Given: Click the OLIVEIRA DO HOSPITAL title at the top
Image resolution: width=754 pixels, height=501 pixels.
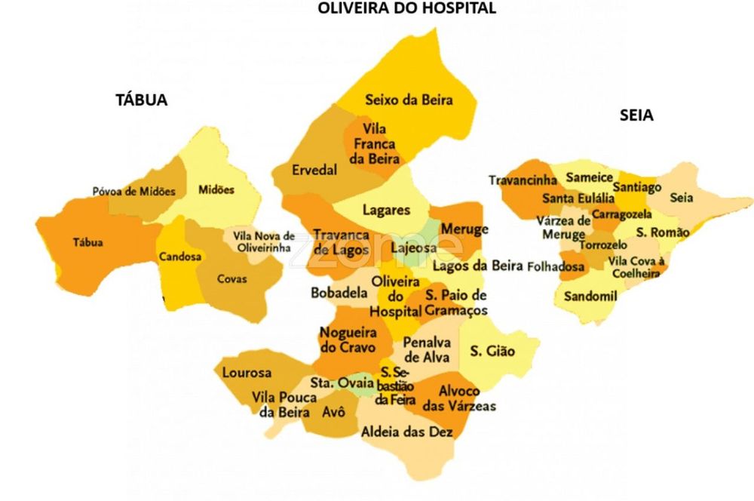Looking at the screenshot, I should [407, 8].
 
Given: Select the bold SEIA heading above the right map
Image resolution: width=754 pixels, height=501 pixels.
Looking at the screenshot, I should [636, 115].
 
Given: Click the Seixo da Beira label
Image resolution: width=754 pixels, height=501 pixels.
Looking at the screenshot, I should [409, 100].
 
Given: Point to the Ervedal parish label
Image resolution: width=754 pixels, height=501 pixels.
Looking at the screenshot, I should [314, 171].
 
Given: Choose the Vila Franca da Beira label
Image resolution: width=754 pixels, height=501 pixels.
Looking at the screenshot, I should [375, 143].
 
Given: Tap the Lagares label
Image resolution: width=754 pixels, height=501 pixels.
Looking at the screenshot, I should [386, 210].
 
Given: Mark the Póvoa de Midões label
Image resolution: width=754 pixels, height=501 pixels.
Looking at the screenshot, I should [133, 192].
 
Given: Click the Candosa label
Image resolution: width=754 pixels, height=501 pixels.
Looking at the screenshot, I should [179, 257].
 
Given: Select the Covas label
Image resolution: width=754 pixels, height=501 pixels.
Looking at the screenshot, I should [231, 279].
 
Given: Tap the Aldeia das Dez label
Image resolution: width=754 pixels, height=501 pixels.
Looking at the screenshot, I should [407, 432].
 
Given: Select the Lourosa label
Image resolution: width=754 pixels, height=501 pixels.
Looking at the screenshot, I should [246, 373].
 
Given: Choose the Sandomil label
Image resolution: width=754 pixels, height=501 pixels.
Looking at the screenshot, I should [590, 297].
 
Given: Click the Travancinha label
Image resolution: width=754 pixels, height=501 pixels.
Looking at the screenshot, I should [523, 180].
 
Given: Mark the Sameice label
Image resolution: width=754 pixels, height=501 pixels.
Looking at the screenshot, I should [589, 177].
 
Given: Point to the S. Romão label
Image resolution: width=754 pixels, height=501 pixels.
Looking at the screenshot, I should [662, 232].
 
